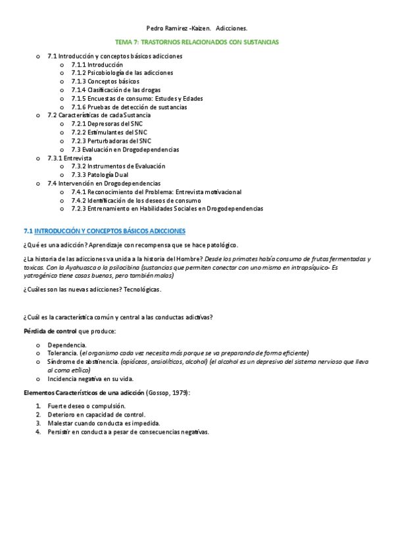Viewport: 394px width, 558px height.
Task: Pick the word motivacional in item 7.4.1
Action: (218, 191)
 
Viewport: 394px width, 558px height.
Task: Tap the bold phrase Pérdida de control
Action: (50, 330)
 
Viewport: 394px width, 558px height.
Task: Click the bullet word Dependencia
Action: (66, 345)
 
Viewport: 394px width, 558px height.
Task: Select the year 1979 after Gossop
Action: (176, 392)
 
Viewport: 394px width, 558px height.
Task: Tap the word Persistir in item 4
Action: (60, 432)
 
